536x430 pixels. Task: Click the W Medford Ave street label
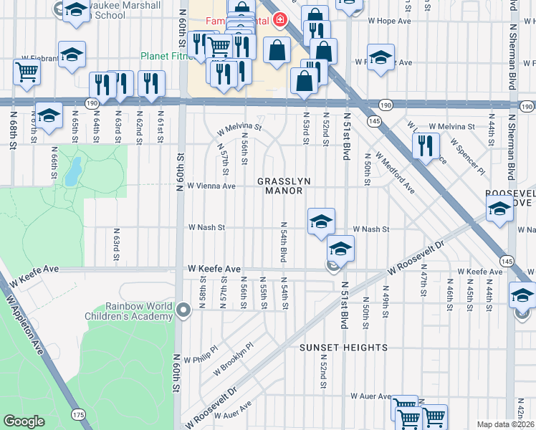pyautogui.click(x=395, y=176)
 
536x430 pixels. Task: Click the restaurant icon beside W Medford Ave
pyautogui.click(x=426, y=145)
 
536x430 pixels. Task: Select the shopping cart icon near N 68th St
pyautogui.click(x=27, y=71)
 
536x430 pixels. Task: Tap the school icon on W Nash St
pyautogui.click(x=322, y=221)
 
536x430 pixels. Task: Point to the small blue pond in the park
pyautogui.click(x=72, y=172)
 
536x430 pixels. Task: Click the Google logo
pyautogui.click(x=24, y=421)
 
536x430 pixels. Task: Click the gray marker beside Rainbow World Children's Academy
pyautogui.click(x=183, y=310)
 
